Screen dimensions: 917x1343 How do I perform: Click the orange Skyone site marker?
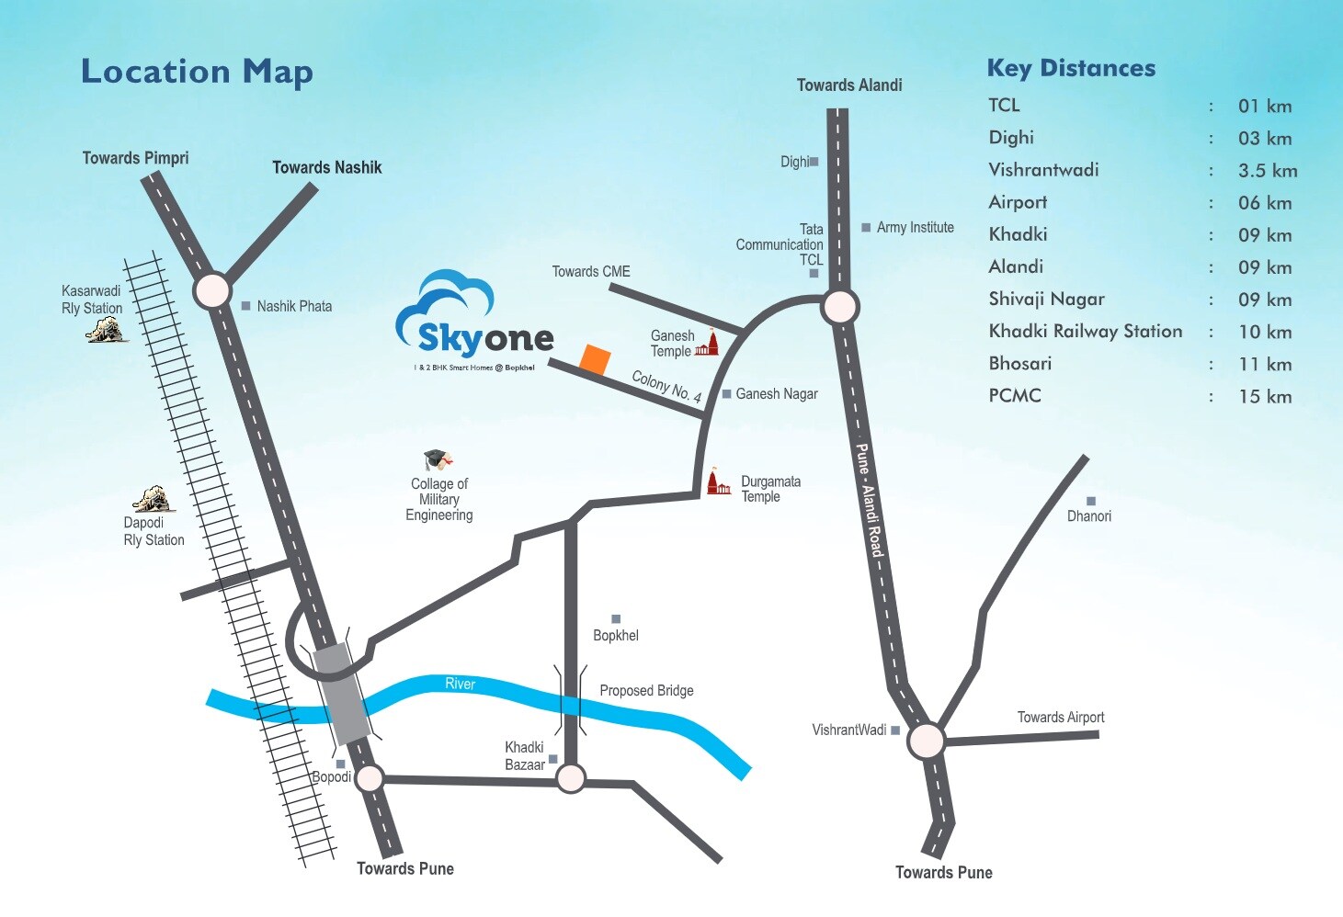(x=595, y=360)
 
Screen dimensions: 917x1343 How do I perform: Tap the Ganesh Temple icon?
(x=707, y=344)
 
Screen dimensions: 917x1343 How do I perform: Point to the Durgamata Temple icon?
(x=718, y=481)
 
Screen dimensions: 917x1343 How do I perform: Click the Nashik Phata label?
(x=294, y=306)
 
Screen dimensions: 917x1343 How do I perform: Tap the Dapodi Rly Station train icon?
(x=153, y=500)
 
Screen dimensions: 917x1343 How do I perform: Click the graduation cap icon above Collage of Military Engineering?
(x=438, y=459)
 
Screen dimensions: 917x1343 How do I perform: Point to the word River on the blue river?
(x=460, y=684)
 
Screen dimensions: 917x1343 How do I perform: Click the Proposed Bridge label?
(x=646, y=690)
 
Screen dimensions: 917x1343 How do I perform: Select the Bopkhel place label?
(x=615, y=635)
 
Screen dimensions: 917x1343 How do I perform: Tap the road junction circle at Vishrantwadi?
(x=926, y=741)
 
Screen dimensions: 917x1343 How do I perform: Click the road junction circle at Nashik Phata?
(x=212, y=290)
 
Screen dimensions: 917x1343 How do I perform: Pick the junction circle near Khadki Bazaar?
(x=571, y=778)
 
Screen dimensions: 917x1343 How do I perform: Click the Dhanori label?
(x=1089, y=516)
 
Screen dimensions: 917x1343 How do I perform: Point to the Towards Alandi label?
(x=849, y=85)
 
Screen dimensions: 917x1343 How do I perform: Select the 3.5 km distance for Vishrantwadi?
(x=1268, y=171)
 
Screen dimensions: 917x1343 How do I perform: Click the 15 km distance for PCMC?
(x=1265, y=397)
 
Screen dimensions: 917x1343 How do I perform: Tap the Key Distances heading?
(x=1071, y=68)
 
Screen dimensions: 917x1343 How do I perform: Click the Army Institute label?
(x=915, y=228)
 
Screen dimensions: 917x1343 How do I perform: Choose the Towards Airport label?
(x=1061, y=718)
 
